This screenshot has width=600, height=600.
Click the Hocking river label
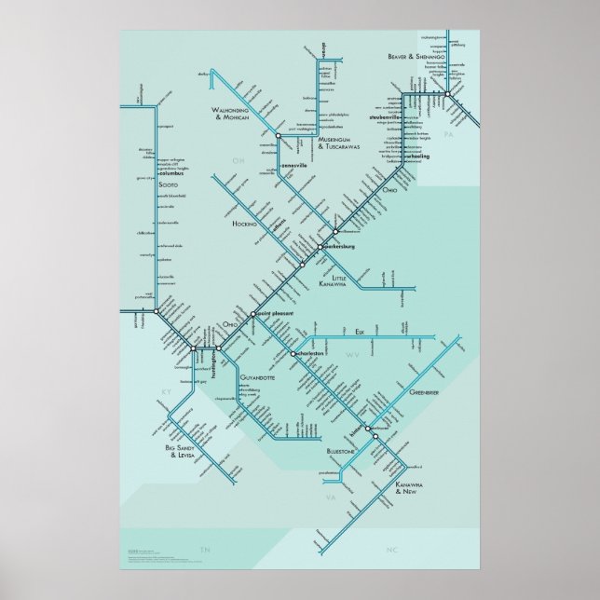[244, 225]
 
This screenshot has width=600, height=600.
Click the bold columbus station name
[172, 174]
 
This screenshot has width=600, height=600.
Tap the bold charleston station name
[310, 354]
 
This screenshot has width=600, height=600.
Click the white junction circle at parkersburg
[319, 247]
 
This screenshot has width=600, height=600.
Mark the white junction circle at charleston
[293, 354]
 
